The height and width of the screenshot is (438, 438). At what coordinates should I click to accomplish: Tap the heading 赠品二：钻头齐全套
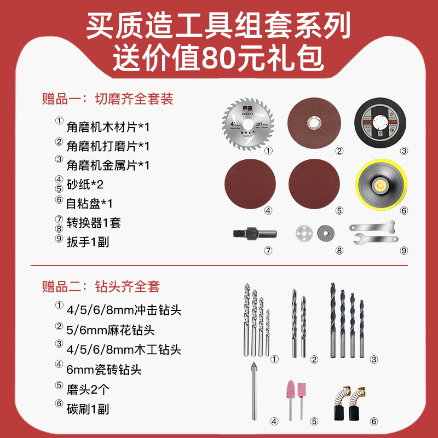[101, 286]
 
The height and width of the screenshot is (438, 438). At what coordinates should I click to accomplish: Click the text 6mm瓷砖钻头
[104, 370]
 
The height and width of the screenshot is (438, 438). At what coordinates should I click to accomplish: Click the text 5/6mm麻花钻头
[111, 330]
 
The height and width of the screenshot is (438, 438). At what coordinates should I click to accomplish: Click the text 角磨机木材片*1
[108, 127]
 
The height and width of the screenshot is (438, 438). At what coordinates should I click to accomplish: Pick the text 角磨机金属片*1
[108, 165]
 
